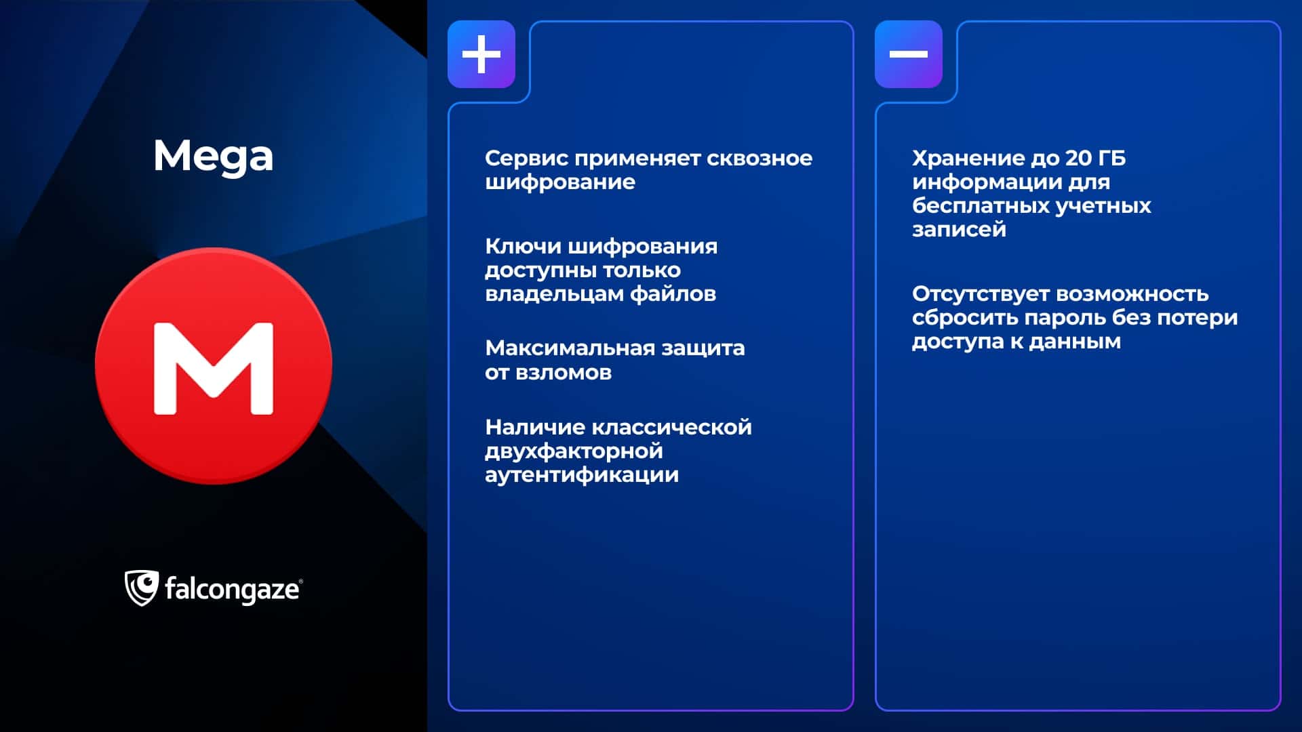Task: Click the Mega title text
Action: coord(213,157)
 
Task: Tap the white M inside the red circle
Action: coord(214,368)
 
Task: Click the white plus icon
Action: coord(481,54)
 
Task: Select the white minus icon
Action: coord(909,54)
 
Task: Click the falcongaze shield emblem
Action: coord(141,588)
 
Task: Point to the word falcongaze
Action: coord(232,590)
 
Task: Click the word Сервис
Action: coord(526,158)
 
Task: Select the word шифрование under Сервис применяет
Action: coord(560,182)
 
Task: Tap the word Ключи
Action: coord(523,246)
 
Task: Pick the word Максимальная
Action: coord(570,348)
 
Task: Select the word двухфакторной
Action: coord(574,451)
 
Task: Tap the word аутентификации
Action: coord(582,475)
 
